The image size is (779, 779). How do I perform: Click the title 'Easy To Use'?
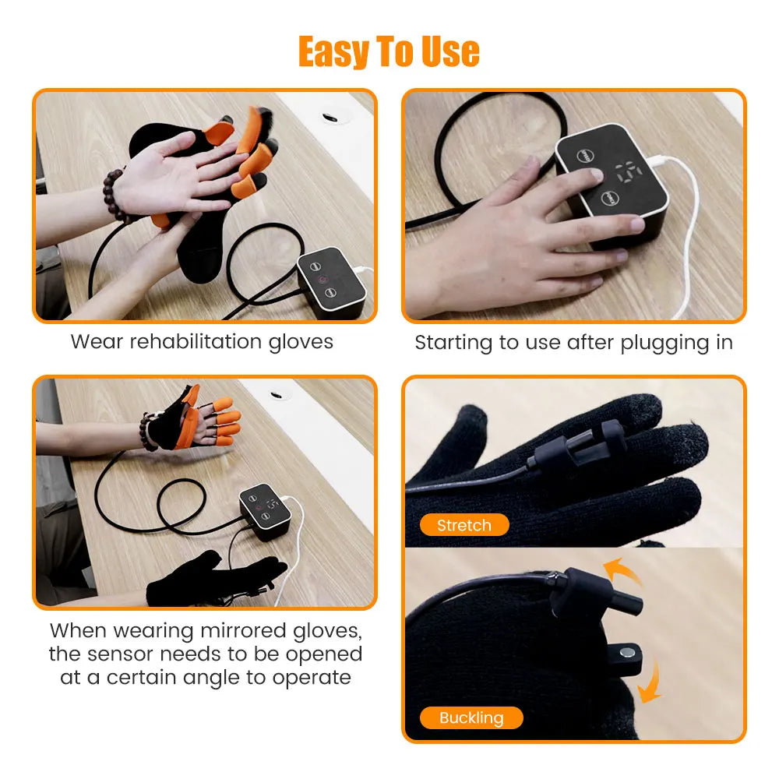click(389, 52)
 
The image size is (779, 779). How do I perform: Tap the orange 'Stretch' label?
click(464, 525)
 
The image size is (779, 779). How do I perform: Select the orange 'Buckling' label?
click(471, 717)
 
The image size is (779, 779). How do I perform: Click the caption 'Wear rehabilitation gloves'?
click(202, 341)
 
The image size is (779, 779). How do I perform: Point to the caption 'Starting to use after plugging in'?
click(573, 343)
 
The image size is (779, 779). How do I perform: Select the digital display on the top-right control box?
click(628, 172)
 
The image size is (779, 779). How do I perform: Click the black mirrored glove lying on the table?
click(210, 579)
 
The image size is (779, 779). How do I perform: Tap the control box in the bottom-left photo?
click(265, 509)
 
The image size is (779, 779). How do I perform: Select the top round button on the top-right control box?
click(584, 156)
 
